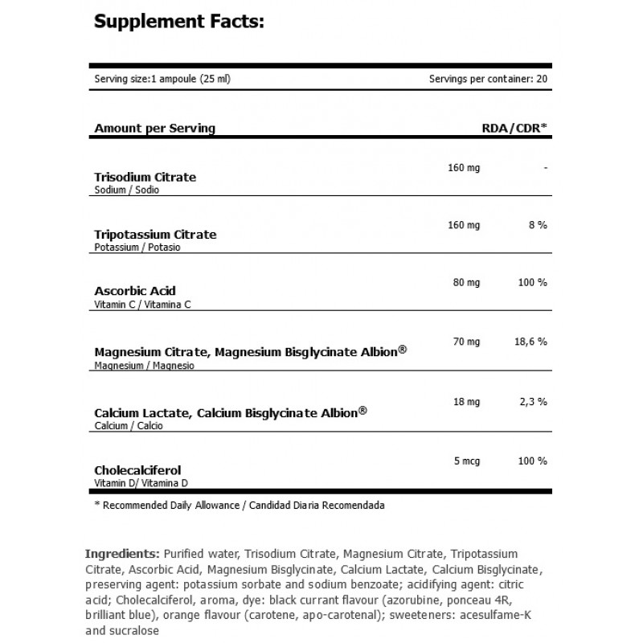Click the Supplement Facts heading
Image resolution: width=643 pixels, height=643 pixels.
coord(178,22)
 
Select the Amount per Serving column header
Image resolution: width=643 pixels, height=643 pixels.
coord(154,128)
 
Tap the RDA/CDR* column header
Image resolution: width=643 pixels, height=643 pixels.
coord(514,128)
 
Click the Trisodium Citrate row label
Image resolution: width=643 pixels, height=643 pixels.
coord(145,177)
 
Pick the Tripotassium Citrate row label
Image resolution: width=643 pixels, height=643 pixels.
coord(155,235)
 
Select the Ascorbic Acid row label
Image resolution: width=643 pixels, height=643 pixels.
coord(135,291)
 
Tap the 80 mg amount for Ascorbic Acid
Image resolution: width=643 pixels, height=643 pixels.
coord(463,282)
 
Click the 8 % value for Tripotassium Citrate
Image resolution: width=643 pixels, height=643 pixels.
coord(538,226)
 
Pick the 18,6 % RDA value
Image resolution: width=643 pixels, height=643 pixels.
coord(531,342)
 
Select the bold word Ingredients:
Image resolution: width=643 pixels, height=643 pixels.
coord(121,555)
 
